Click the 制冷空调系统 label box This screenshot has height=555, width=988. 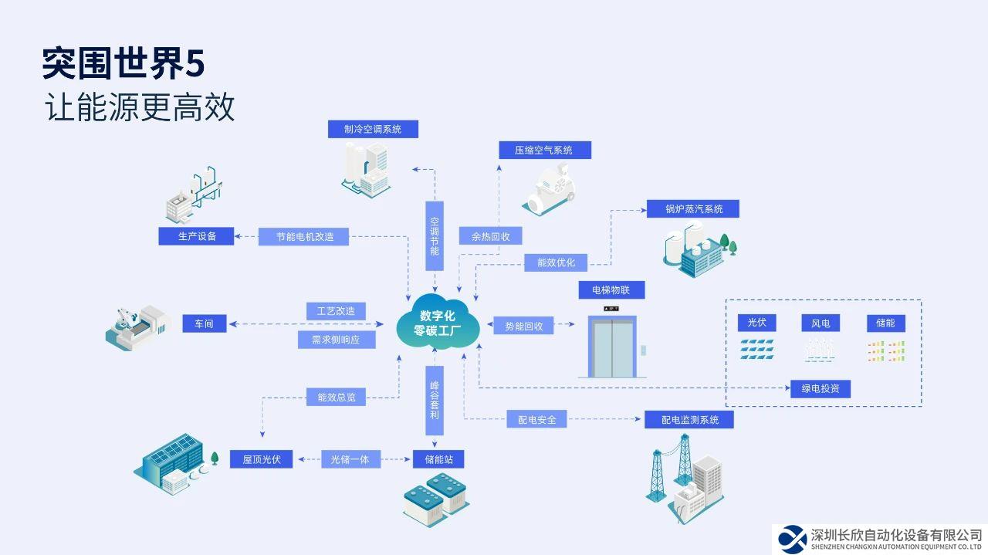pos(373,129)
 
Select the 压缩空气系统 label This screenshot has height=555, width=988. pos(543,150)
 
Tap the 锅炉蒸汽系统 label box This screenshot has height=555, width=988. pos(694,209)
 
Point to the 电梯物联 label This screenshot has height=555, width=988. pos(611,290)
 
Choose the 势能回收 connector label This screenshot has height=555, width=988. pos(524,326)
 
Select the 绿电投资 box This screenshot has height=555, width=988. pos(820,388)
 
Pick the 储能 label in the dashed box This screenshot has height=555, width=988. pos(885,323)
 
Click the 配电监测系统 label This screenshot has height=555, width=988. pos(689,419)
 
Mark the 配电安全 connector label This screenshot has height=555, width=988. pos(536,420)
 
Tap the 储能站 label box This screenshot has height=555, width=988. pos(438,459)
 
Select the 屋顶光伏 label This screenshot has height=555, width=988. pos(262,459)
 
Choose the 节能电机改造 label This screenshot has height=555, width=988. pos(304,236)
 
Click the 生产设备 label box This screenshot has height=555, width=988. pos(197,236)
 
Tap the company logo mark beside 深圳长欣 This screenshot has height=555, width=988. pos(792,539)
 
